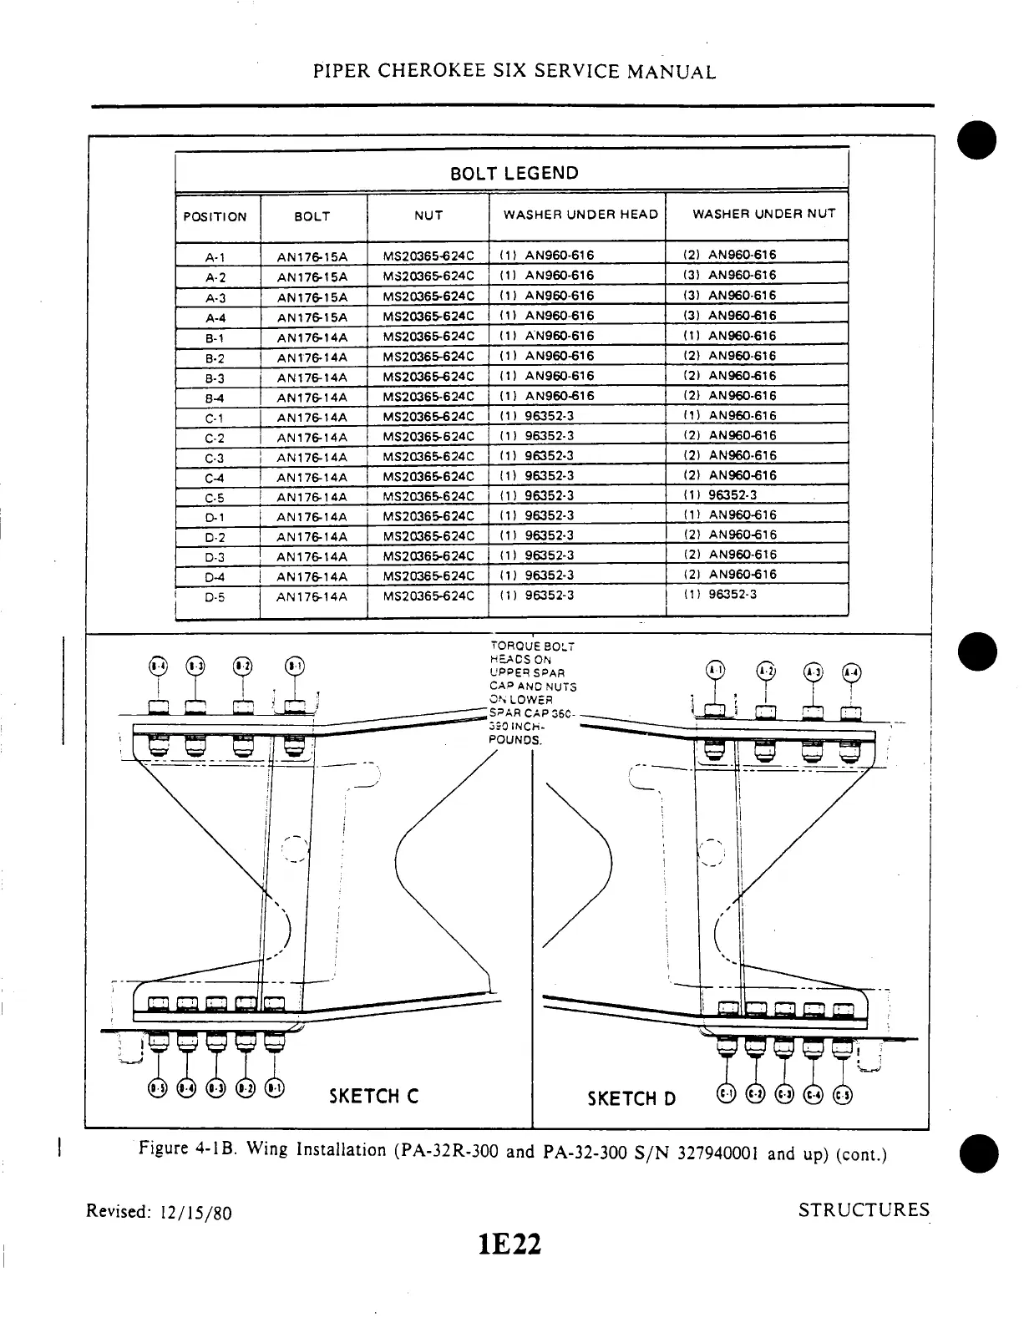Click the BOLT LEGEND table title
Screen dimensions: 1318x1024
click(514, 174)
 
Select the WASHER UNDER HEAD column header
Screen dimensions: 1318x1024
click(580, 214)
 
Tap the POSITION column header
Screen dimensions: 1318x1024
click(215, 217)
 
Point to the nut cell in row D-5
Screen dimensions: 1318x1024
click(428, 596)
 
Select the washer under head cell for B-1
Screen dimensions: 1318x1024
click(547, 336)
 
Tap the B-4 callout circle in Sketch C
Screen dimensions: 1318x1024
click(156, 666)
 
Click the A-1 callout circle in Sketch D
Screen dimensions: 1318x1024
click(717, 670)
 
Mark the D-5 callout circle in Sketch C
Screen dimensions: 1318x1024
click(156, 1087)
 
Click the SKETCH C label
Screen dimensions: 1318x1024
click(373, 1096)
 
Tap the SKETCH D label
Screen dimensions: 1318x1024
click(631, 1097)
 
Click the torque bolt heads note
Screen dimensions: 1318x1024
click(531, 692)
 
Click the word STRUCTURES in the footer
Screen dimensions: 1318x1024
click(864, 1210)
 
